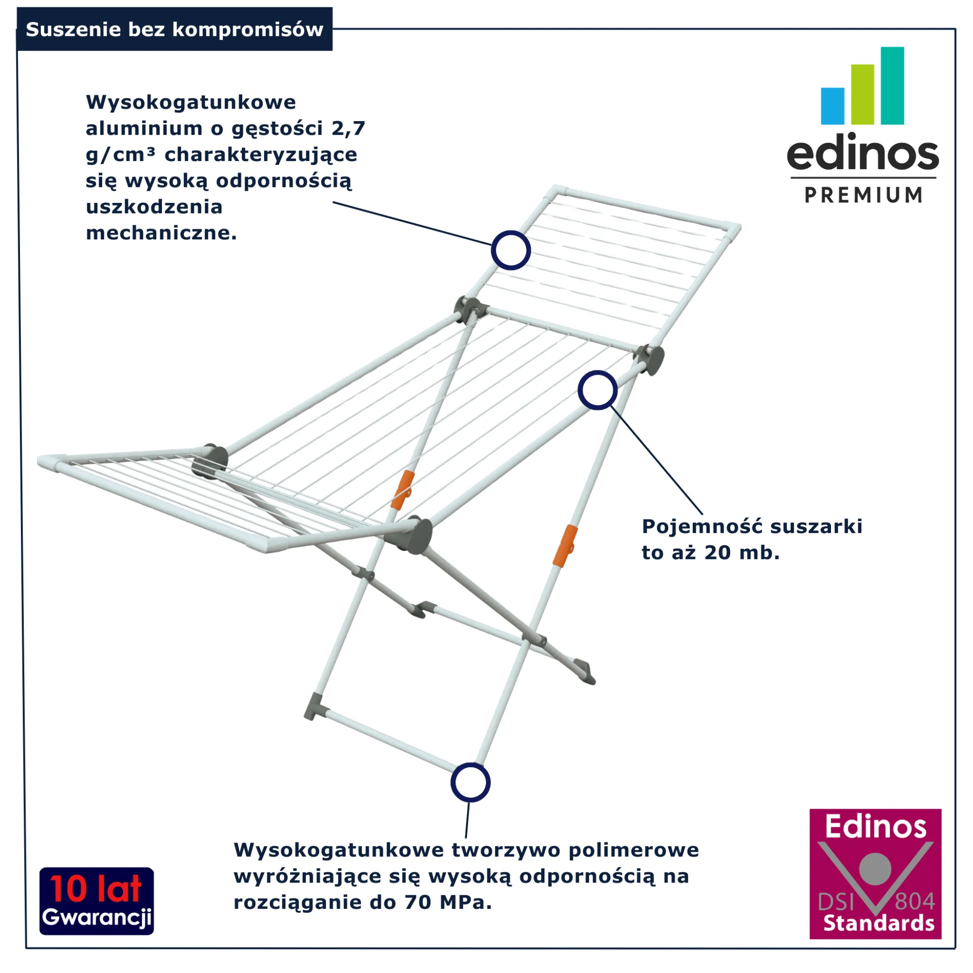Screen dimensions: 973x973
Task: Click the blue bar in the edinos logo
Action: [832, 106]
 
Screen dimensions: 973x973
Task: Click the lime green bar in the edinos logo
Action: [863, 94]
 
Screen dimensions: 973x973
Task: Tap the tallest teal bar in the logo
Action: [892, 86]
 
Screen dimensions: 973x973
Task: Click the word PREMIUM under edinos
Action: [864, 195]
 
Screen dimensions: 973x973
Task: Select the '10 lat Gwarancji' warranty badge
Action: [97, 901]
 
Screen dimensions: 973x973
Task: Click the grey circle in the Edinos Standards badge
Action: [875, 869]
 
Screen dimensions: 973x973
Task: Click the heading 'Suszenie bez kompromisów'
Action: [174, 29]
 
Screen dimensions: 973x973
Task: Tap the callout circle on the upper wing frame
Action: [511, 250]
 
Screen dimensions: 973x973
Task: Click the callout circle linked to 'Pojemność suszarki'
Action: [597, 390]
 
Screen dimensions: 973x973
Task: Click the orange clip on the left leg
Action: [403, 490]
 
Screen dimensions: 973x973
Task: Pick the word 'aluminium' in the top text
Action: [144, 128]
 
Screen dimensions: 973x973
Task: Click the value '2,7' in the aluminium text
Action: [348, 129]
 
